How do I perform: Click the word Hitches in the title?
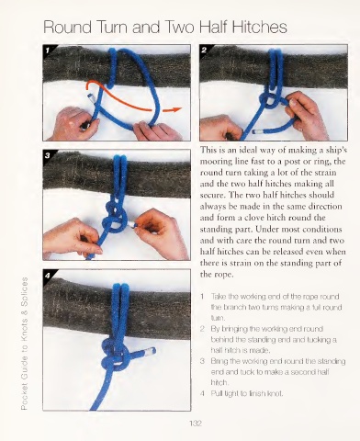[259, 27]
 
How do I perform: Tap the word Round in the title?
[67, 27]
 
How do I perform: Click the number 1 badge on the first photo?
[48, 51]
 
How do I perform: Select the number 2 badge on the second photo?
[204, 51]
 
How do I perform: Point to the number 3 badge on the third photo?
[48, 155]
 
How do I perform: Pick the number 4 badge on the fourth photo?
[48, 276]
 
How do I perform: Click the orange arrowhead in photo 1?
[177, 109]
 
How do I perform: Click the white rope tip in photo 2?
[256, 132]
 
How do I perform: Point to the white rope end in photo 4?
[151, 351]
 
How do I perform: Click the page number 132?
[196, 424]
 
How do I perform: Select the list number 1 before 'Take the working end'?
[202, 297]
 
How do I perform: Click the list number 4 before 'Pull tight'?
[202, 393]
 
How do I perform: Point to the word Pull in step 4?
[216, 393]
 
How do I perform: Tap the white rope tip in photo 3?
[131, 224]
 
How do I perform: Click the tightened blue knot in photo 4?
[113, 355]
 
